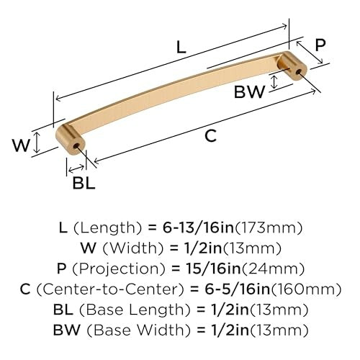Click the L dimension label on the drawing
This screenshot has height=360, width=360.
181,47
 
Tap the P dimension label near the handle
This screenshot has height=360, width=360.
320,45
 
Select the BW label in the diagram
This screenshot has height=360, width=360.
250,91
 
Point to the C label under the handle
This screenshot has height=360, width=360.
211,135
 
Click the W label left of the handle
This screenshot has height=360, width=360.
22,145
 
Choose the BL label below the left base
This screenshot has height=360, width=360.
84,183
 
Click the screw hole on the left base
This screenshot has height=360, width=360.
76,145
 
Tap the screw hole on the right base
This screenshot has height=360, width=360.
298,71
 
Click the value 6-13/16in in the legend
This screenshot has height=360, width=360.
198,228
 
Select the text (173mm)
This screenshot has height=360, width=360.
269,228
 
